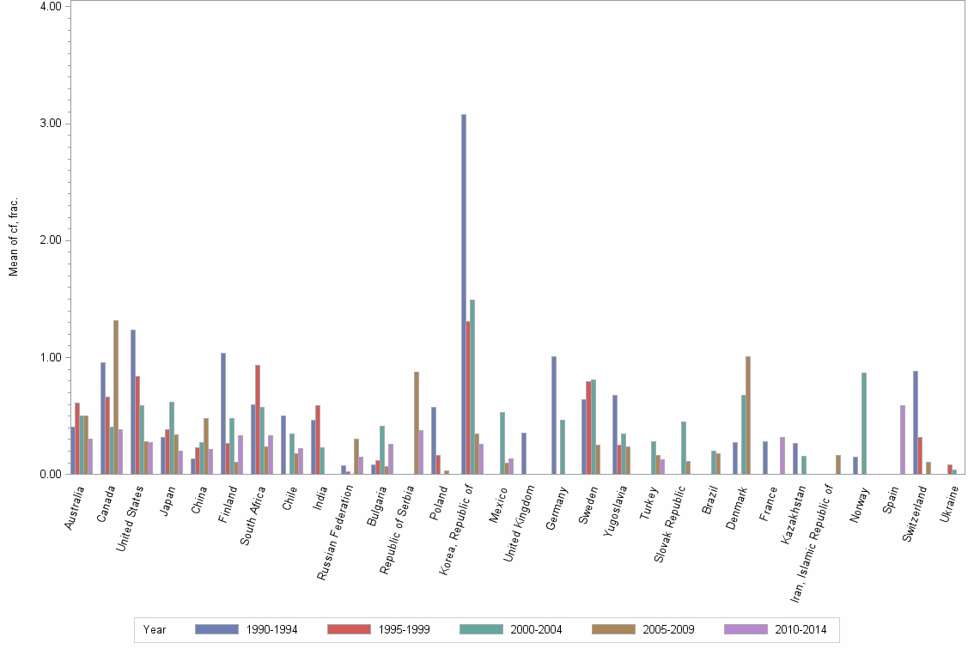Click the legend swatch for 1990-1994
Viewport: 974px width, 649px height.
[x=216, y=630]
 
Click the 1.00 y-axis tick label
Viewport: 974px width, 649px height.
[x=50, y=357]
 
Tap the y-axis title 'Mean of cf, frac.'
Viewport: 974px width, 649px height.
[x=13, y=237]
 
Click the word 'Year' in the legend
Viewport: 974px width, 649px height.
[x=155, y=630]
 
